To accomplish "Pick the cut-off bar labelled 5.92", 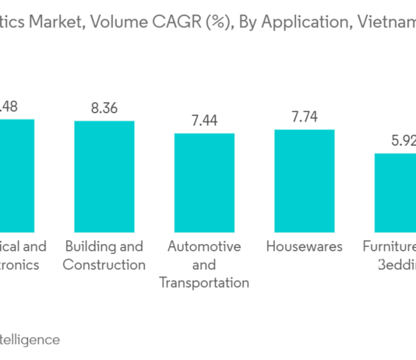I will tap(395, 189).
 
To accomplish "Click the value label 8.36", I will tap(104, 108).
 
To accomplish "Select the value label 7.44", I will tap(204, 121).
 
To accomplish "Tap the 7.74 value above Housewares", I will tap(304, 117).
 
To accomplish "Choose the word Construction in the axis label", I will tap(104, 265).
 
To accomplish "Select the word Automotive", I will tap(204, 246).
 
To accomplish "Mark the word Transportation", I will tap(204, 283).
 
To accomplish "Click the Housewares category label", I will tap(304, 246).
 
